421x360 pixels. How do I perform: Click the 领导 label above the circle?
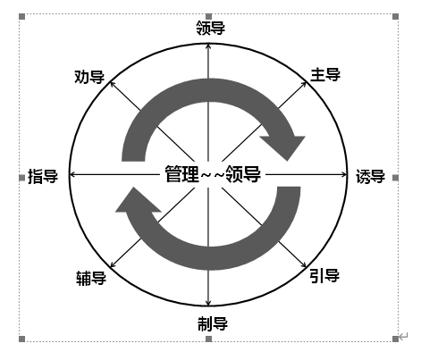point(210,28)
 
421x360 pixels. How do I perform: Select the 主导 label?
point(325,75)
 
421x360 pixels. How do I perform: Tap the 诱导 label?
point(370,177)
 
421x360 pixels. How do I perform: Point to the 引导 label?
point(324,276)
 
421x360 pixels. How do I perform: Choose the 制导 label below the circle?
point(213,323)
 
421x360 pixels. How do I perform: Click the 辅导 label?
point(91,279)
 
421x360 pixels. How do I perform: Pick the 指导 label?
point(43,176)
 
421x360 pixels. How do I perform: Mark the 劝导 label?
point(89,77)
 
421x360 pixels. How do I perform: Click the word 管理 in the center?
point(181,174)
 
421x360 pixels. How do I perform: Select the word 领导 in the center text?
point(243,174)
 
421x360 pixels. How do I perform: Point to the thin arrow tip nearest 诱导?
point(347,174)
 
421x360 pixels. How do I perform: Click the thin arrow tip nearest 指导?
point(70,174)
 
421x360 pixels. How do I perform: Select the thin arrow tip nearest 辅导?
point(111,267)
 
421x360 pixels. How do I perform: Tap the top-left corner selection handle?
point(21,16)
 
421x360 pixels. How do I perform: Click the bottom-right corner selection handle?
point(395,339)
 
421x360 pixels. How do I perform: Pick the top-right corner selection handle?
point(395,16)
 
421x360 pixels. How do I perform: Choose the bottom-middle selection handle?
point(208,339)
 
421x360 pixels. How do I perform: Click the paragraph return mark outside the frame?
point(403,337)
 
